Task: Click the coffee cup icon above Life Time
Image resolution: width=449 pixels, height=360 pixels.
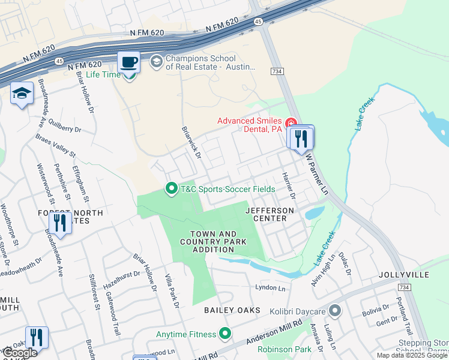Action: [129, 62]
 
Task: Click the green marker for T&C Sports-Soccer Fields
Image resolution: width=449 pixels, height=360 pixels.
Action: [171, 189]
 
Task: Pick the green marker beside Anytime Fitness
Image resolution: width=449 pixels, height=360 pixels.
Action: [225, 333]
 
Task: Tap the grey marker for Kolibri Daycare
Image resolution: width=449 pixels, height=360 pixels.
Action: [335, 311]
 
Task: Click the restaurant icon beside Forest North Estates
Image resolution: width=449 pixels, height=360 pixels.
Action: [59, 223]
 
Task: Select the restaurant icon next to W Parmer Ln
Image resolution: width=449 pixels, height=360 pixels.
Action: [301, 137]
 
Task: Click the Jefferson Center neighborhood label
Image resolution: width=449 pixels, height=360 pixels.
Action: [270, 215]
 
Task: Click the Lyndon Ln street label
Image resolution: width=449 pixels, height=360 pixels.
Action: [270, 288]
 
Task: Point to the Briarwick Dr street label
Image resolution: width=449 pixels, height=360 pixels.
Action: [190, 142]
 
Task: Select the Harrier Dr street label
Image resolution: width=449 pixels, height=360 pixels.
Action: [289, 185]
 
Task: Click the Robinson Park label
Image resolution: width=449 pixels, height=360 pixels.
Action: [285, 349]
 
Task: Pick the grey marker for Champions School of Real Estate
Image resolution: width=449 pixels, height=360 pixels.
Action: [156, 61]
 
